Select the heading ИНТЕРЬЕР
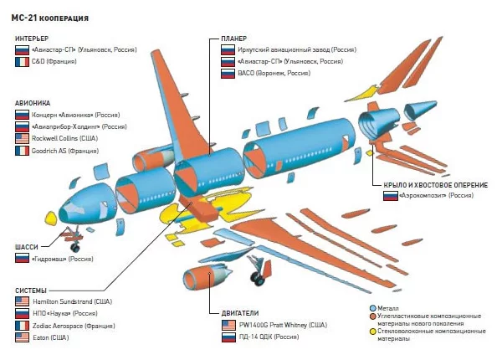[x=31, y=39]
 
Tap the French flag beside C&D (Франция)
[x=22, y=61]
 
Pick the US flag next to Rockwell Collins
[x=22, y=138]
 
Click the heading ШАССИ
[x=27, y=246]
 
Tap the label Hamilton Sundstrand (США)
[x=74, y=301]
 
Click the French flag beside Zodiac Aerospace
[x=22, y=325]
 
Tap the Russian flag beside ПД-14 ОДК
[x=228, y=337]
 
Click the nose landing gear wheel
[x=74, y=249]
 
